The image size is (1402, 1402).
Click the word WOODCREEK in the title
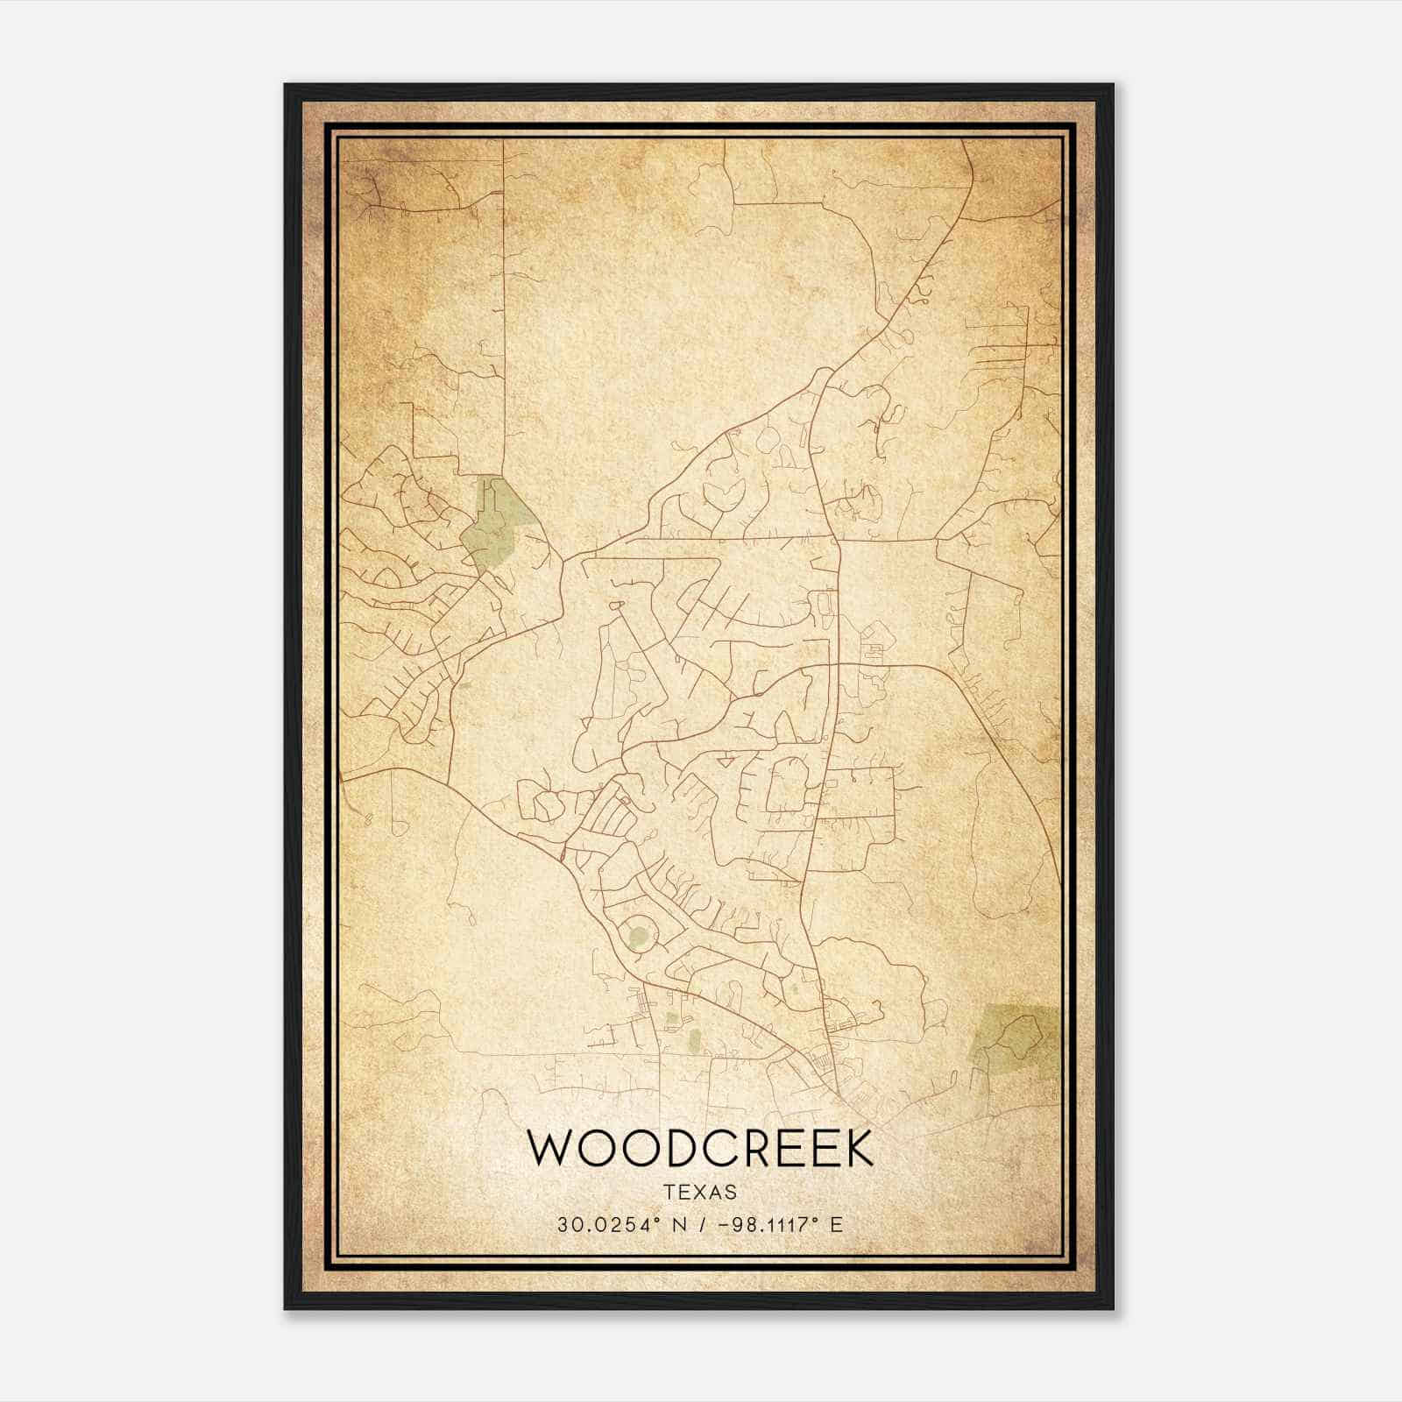pyautogui.click(x=700, y=1149)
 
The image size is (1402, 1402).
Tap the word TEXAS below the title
pyautogui.click(x=700, y=1192)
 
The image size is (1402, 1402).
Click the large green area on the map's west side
pyautogui.click(x=496, y=526)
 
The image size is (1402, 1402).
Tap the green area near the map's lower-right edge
pyautogui.click(x=1016, y=1034)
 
